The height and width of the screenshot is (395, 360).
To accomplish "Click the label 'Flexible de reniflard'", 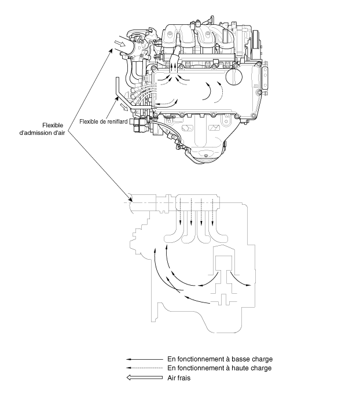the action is click(x=104, y=121).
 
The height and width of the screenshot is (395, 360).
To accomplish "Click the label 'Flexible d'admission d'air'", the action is click(x=42, y=129).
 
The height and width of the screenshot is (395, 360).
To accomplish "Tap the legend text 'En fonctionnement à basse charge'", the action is click(x=220, y=359).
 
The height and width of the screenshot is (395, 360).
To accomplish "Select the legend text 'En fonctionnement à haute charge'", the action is click(x=219, y=368).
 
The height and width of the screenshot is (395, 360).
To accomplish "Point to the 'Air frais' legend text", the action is click(x=179, y=378).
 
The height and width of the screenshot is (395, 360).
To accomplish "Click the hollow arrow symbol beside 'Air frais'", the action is click(x=145, y=378).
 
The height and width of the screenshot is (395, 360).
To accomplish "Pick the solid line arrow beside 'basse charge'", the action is click(x=145, y=359).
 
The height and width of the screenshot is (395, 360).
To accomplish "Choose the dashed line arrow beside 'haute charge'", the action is click(x=145, y=368).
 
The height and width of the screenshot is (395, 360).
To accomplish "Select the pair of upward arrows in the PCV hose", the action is click(x=173, y=68).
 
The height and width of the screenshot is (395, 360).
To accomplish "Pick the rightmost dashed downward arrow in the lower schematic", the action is click(x=212, y=212).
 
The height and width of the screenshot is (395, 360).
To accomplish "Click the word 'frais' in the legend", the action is click(x=184, y=378).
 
